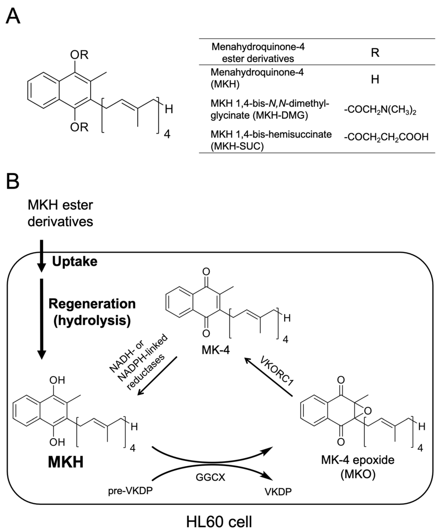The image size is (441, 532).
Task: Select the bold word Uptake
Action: click(x=75, y=261)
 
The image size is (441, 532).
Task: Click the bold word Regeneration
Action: click(x=92, y=304)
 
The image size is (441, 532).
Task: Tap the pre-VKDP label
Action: click(x=130, y=491)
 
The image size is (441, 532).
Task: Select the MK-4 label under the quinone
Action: click(x=216, y=350)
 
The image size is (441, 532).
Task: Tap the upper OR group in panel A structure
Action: click(x=79, y=55)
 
